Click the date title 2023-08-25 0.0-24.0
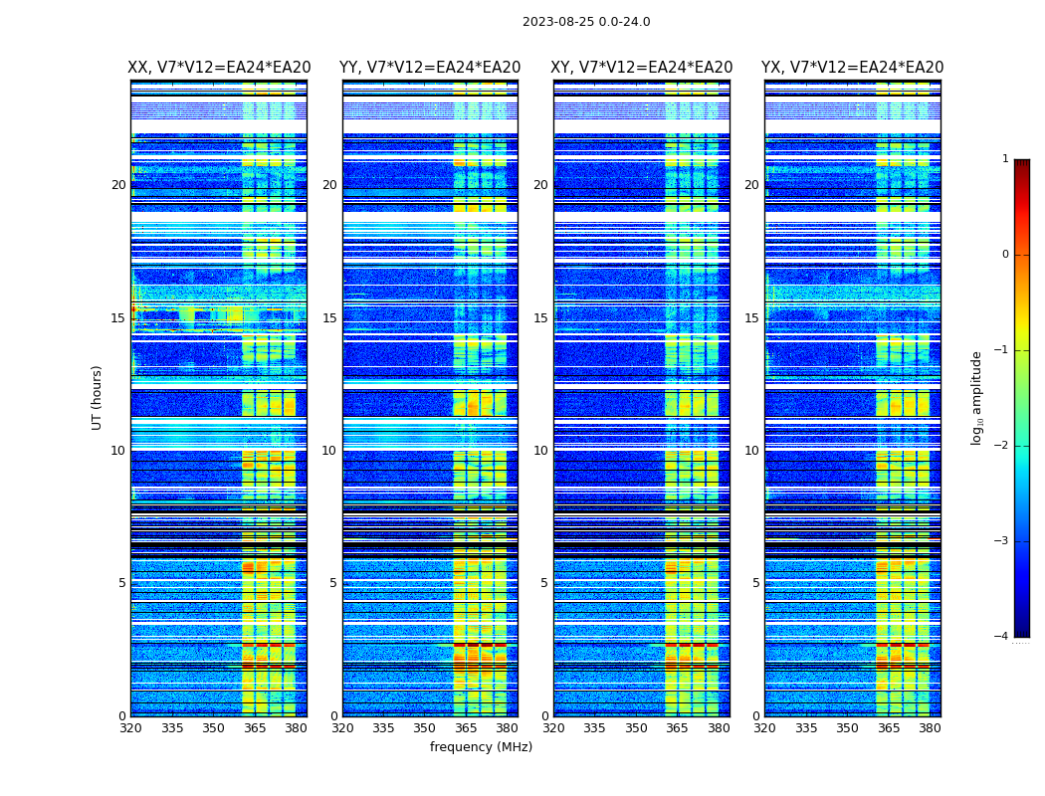coord(586,22)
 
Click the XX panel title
coord(219,68)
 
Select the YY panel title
coord(430,68)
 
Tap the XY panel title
coord(642,68)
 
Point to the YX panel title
coord(853,68)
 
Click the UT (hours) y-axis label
coord(98,397)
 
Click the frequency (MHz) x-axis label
coord(481,747)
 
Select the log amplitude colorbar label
coord(977,397)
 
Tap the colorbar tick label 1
coord(1005,159)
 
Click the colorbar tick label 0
coord(1005,255)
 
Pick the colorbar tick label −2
coord(1002,446)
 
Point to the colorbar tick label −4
coord(1002,637)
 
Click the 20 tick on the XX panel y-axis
coord(118,185)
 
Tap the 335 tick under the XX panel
coord(172,727)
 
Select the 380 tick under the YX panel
coord(930,727)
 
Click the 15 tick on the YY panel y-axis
coord(329,318)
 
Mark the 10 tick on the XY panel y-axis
coord(540,451)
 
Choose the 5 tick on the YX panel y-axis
coord(755,583)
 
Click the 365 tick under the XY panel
coord(677,727)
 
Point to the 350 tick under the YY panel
coord(425,727)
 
